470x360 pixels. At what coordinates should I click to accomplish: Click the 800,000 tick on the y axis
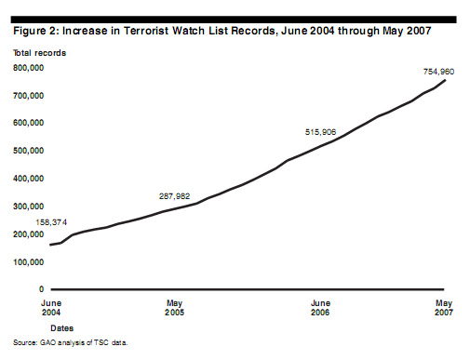pos(31,67)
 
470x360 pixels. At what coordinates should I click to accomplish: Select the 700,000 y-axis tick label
pos(31,95)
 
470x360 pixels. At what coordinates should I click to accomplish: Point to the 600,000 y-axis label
pos(31,123)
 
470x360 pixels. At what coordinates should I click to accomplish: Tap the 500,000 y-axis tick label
pos(31,151)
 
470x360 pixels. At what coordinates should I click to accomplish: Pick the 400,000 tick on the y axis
pos(31,179)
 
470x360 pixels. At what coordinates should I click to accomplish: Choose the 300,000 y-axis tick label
pos(31,207)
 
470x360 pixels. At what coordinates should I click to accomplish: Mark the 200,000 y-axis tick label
pos(31,234)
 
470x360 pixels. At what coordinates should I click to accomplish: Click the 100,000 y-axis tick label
pos(31,262)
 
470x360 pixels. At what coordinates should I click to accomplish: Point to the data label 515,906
pos(323,132)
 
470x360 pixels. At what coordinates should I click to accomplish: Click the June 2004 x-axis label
pos(52,308)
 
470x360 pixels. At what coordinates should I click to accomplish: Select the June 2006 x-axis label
pos(319,308)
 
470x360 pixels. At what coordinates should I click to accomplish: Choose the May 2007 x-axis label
pos(445,308)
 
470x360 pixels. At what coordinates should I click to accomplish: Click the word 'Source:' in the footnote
pos(25,342)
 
